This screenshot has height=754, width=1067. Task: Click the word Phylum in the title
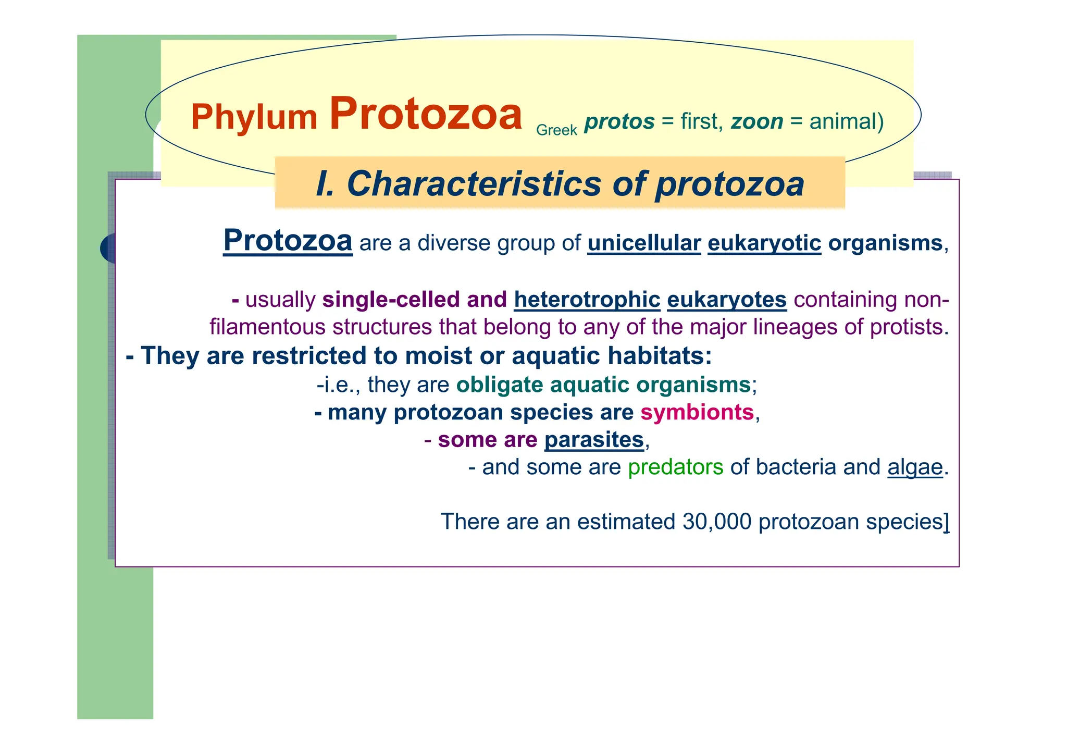point(254,117)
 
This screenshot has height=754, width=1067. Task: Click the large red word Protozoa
point(425,115)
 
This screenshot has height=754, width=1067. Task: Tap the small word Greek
point(556,130)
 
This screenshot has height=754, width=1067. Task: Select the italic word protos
point(619,122)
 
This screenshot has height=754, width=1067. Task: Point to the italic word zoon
point(756,122)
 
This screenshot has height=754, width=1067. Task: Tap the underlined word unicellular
point(643,244)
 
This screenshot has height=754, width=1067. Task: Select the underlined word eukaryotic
point(764,244)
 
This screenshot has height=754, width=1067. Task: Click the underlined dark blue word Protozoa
point(288,241)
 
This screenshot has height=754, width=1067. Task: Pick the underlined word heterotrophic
point(587,300)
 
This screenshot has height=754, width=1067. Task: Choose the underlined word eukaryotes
point(726,300)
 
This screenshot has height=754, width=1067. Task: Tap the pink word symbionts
point(697,413)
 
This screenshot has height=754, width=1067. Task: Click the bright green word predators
point(675,467)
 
